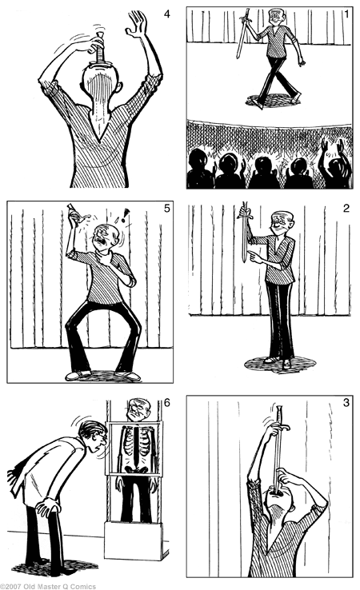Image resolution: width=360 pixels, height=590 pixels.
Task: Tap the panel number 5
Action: point(167,210)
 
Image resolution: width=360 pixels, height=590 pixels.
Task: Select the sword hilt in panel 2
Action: point(245,212)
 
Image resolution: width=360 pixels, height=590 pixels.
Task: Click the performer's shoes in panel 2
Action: point(279,362)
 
